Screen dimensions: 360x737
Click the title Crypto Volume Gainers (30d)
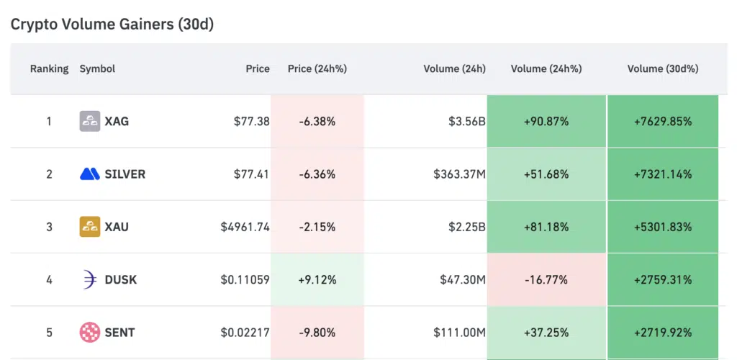pos(112,24)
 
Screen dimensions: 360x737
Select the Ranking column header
pos(49,69)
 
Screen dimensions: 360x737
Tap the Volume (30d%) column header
pos(662,69)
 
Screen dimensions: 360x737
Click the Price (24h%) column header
pos(317,69)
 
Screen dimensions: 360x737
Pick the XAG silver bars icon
pos(89,121)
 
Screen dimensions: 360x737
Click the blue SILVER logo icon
pos(89,174)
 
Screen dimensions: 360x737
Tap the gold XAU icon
pos(89,227)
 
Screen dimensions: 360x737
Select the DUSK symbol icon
pos(89,279)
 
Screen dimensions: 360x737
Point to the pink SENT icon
pos(89,332)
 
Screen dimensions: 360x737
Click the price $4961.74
pos(245,227)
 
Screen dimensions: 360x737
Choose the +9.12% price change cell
pos(317,279)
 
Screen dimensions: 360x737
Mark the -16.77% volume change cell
pos(546,279)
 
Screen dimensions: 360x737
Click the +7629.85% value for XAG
pos(662,121)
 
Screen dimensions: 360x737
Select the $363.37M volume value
pos(459,174)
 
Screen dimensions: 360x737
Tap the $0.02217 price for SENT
pos(245,332)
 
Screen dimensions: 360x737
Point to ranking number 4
pos(49,279)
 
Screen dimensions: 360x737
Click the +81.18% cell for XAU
pos(546,227)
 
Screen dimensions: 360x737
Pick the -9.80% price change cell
pos(317,332)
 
